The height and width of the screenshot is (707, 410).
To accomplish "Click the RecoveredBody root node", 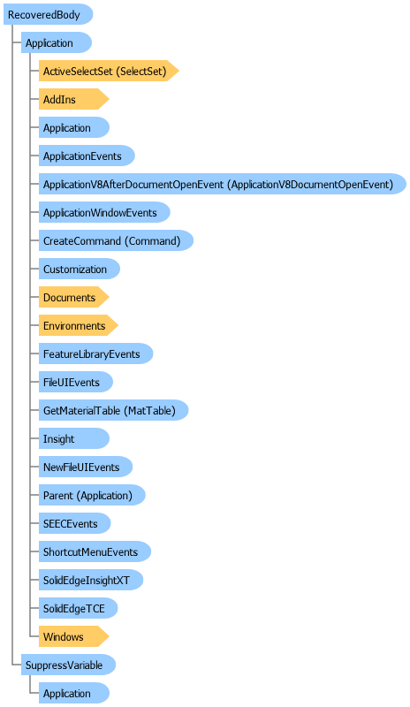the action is tap(49, 14).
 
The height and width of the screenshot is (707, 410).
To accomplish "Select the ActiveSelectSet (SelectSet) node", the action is tap(109, 71).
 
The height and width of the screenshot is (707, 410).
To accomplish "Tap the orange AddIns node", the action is tap(74, 99).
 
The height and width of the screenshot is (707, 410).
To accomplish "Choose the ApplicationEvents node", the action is tap(87, 156).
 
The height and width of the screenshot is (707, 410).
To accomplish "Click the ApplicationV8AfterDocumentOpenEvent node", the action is tap(223, 184).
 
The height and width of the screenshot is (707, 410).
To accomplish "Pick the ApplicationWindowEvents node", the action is tap(104, 212).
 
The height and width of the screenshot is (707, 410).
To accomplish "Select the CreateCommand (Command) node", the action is tap(116, 240).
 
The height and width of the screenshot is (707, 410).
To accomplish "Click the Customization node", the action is tap(80, 270).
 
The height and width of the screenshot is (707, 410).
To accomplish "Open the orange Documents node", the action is tap(74, 298).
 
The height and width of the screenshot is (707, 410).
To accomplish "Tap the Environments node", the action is tap(79, 325).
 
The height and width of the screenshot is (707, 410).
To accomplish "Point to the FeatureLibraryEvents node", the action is tap(96, 354).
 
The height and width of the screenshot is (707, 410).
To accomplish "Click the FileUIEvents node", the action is tap(76, 383).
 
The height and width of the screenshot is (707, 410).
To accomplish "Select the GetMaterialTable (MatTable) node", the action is tap(113, 410).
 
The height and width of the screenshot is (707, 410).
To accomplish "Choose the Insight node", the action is tap(74, 438).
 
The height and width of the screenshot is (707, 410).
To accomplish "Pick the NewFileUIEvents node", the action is tap(86, 468).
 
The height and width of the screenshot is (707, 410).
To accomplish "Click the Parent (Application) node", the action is tap(92, 496).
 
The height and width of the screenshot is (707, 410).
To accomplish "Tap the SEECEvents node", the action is tap(74, 523).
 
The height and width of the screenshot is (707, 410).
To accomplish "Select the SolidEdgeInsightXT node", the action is tap(91, 581).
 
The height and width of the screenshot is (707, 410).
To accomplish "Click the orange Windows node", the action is tap(74, 636).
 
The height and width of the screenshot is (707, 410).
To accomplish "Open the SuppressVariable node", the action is tap(68, 665).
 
